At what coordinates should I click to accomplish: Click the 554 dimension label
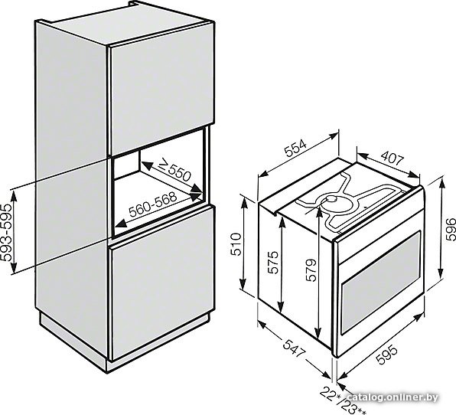295,149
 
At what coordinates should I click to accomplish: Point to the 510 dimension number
236,244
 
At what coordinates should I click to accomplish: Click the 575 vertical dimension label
273,262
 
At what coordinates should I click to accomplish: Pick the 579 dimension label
311,270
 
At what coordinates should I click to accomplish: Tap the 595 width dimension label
386,355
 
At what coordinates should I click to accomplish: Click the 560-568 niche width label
153,204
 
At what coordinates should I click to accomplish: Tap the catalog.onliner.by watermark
392,397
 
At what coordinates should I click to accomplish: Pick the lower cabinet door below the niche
161,283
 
